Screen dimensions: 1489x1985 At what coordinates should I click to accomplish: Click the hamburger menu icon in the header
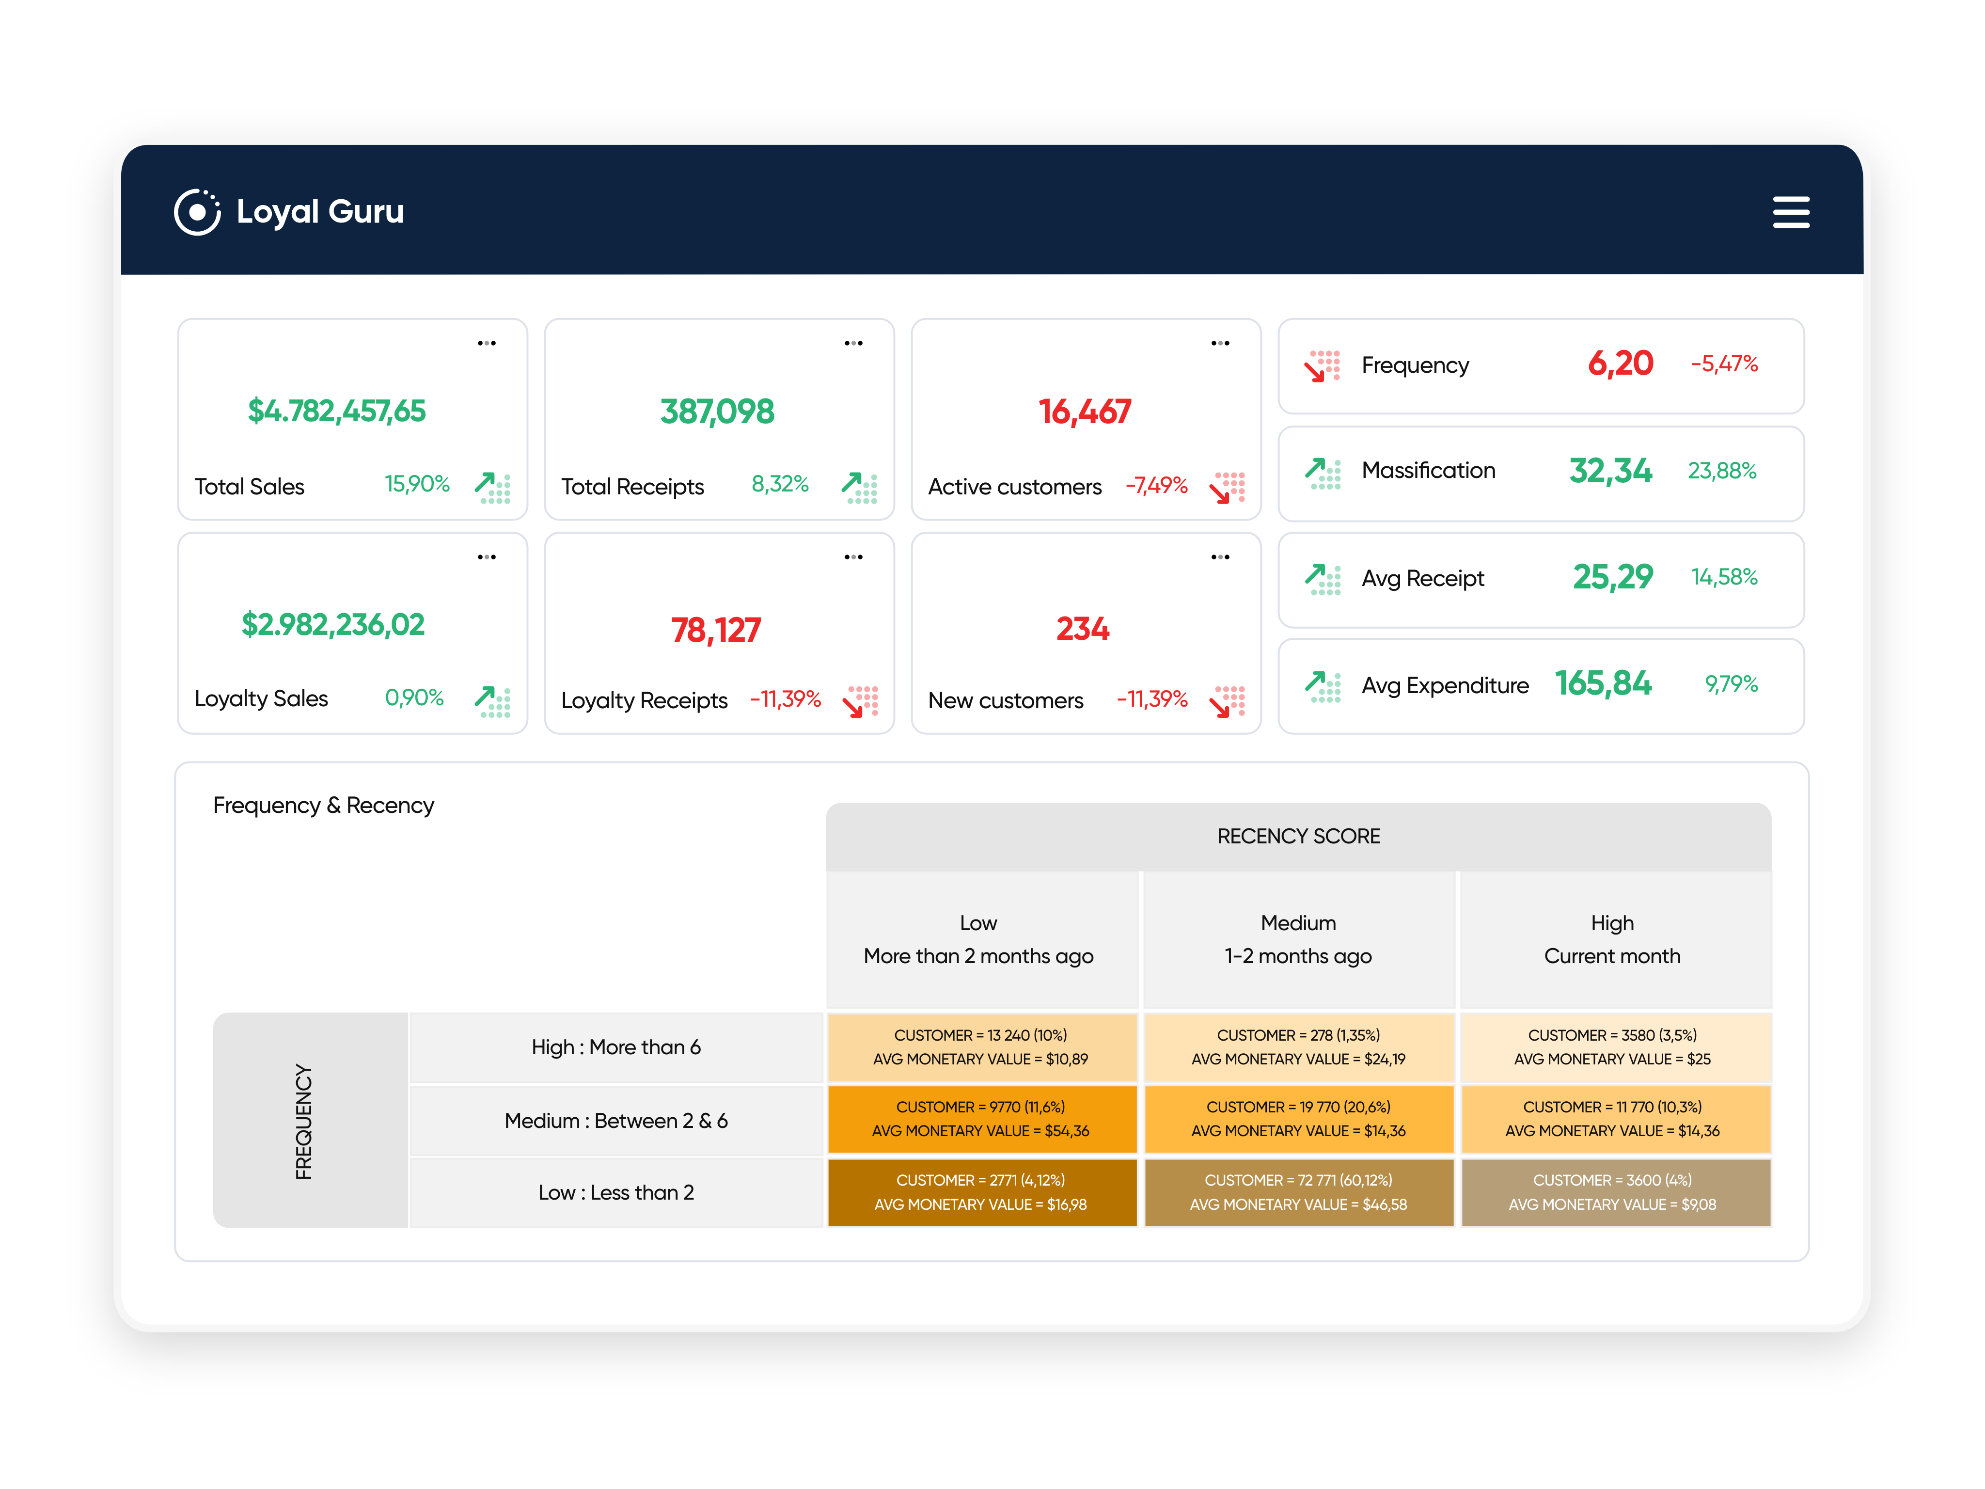point(1790,213)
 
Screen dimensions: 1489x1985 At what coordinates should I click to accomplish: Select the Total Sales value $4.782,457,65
point(336,411)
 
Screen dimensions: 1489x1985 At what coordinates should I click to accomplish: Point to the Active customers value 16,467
point(1084,412)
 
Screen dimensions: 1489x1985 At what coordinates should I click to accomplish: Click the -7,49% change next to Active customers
point(1156,486)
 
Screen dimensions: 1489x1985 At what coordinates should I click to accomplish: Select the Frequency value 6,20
point(1620,364)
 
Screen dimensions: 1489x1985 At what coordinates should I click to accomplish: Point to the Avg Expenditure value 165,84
point(1603,684)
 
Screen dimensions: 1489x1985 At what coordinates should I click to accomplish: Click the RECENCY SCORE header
point(1298,837)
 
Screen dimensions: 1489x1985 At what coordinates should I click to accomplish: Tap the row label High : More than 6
point(615,1047)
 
